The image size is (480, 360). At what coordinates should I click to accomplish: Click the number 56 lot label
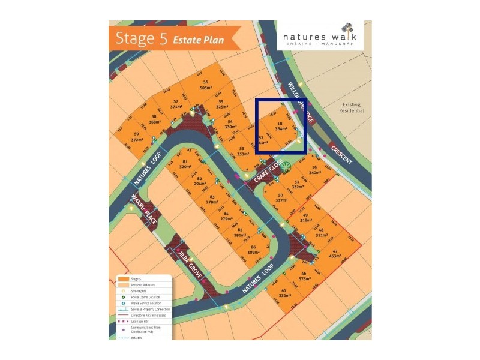[x=205, y=82]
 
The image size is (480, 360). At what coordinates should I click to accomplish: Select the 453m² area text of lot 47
[x=335, y=256]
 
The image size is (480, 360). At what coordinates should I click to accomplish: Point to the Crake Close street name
[x=267, y=173]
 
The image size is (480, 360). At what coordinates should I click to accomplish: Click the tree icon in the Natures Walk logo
[x=346, y=28]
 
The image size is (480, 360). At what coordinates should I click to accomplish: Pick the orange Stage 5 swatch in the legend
[x=124, y=279]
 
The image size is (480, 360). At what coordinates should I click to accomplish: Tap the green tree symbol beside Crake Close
[x=287, y=166]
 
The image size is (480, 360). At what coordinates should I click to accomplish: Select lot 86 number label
[x=253, y=248]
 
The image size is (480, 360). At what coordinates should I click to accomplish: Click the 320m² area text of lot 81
[x=185, y=167]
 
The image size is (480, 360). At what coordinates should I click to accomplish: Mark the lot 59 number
[x=137, y=134]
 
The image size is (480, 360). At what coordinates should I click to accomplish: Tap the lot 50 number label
[x=280, y=196]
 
